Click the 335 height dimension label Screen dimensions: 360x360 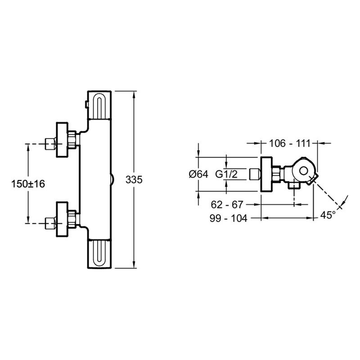tap(134, 180)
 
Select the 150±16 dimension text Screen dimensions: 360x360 tap(28, 184)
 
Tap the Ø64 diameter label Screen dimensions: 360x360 tap(198, 174)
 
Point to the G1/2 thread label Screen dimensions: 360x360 tap(226, 174)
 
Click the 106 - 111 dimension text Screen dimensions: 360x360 tap(289, 144)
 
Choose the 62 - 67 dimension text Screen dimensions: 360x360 tap(227, 205)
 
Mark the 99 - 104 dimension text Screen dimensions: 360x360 tap(229, 218)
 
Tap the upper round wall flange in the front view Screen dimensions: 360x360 tap(62, 140)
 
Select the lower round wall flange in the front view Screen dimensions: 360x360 tap(62, 219)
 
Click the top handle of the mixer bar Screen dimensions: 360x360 tap(99, 105)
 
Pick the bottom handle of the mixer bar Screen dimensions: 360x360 tap(99, 254)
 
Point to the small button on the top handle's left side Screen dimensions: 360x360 tap(86, 104)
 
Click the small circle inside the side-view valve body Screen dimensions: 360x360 tap(303, 171)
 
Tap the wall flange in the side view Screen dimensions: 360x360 tap(267, 174)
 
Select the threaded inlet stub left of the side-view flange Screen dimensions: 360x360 tap(255, 174)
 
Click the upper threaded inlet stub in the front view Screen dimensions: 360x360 tap(50, 144)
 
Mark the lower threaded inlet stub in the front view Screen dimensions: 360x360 tap(50, 223)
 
